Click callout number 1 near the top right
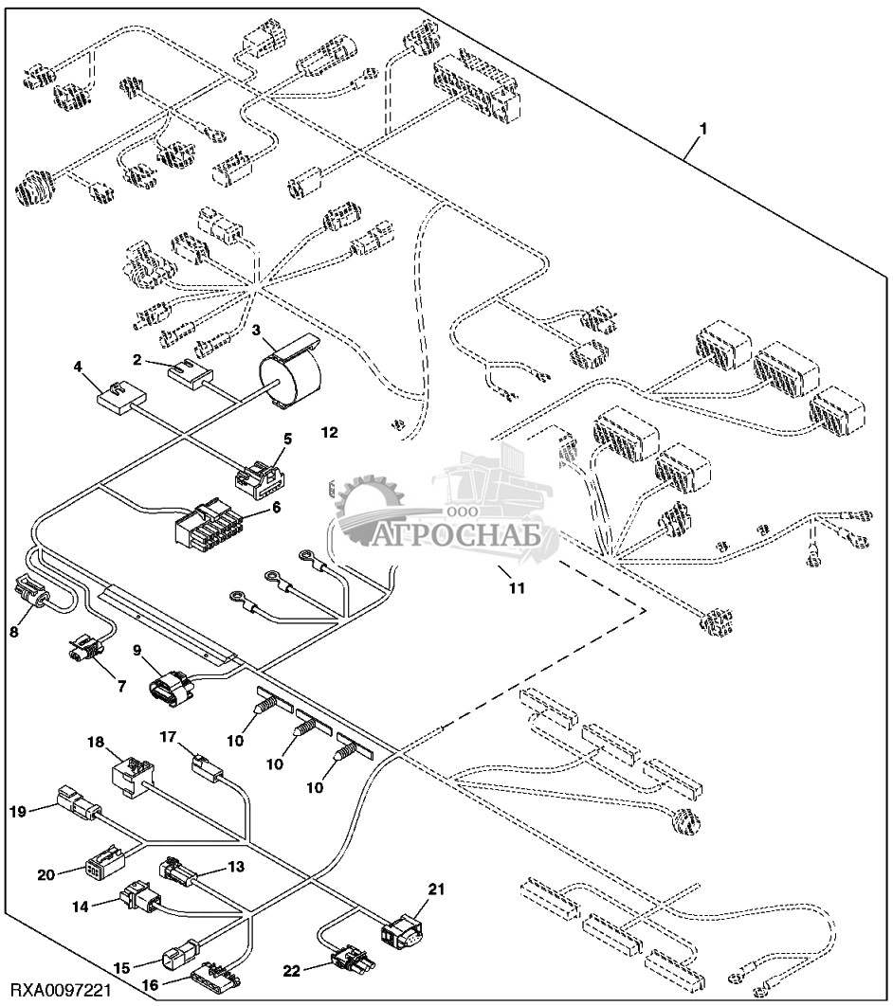pos(702,126)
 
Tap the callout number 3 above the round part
pos(256,330)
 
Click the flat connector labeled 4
pos(120,398)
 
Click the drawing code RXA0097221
pos(59,990)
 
